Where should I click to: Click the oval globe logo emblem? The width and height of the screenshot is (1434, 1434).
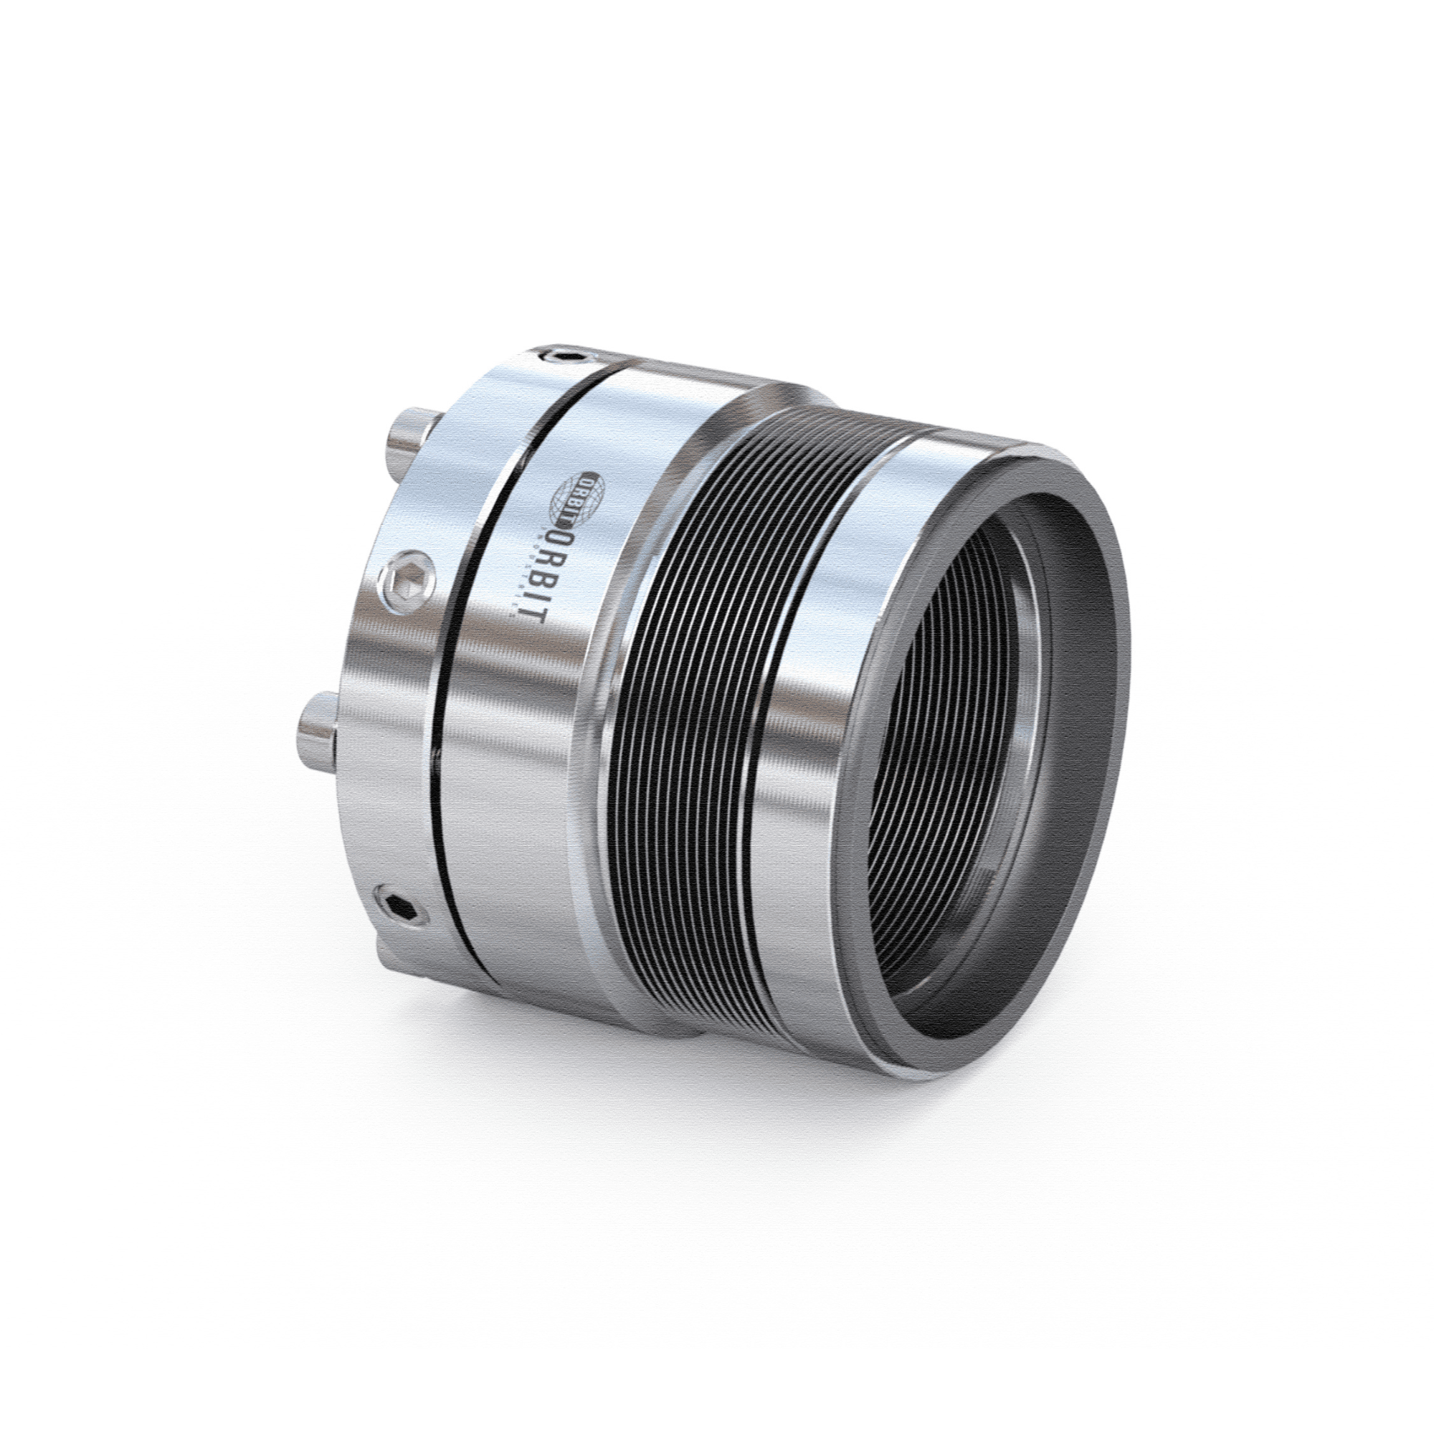pyautogui.click(x=579, y=493)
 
